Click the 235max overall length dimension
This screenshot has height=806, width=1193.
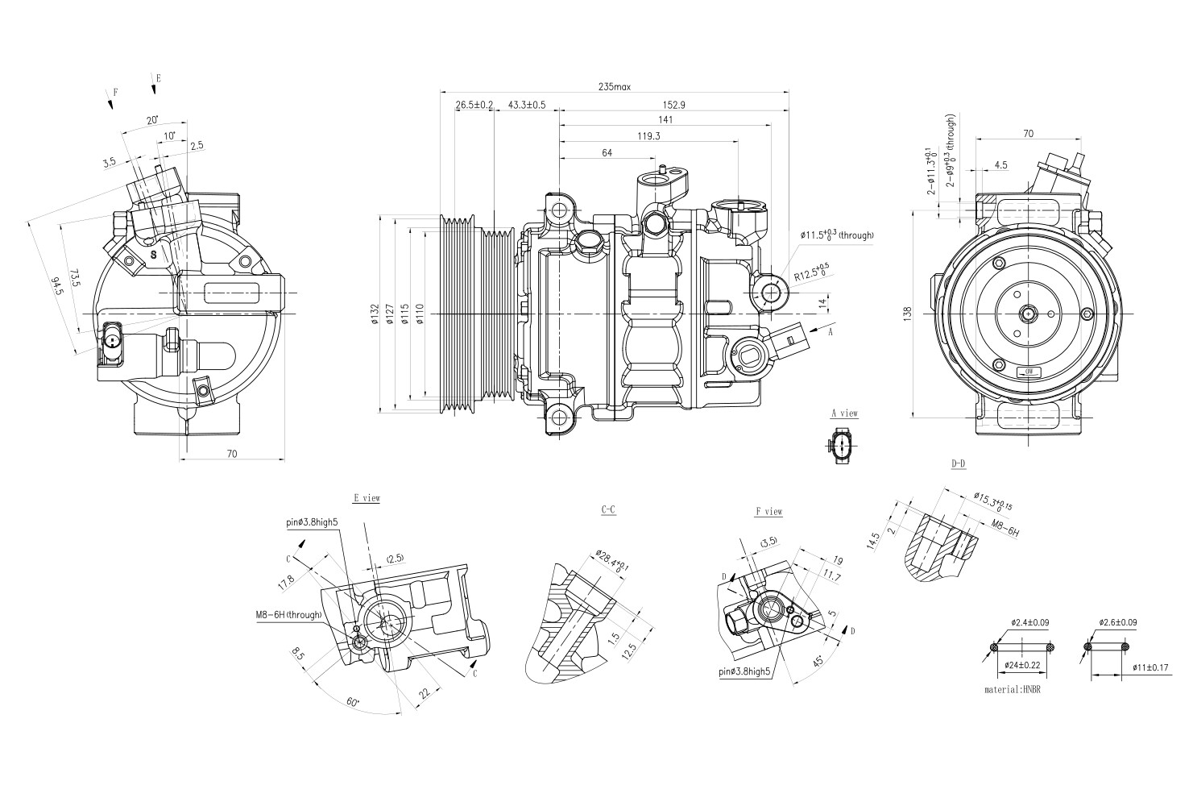[614, 86]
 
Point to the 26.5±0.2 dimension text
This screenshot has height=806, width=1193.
[474, 105]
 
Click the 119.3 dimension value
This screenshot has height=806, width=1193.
[648, 136]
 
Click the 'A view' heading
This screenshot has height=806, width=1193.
[845, 413]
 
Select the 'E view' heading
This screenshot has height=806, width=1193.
[367, 499]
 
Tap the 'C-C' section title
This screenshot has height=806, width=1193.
[609, 510]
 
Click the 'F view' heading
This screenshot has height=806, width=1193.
[768, 512]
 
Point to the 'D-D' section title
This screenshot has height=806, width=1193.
[958, 465]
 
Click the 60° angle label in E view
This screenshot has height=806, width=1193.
[353, 702]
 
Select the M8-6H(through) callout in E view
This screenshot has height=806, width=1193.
[288, 615]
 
